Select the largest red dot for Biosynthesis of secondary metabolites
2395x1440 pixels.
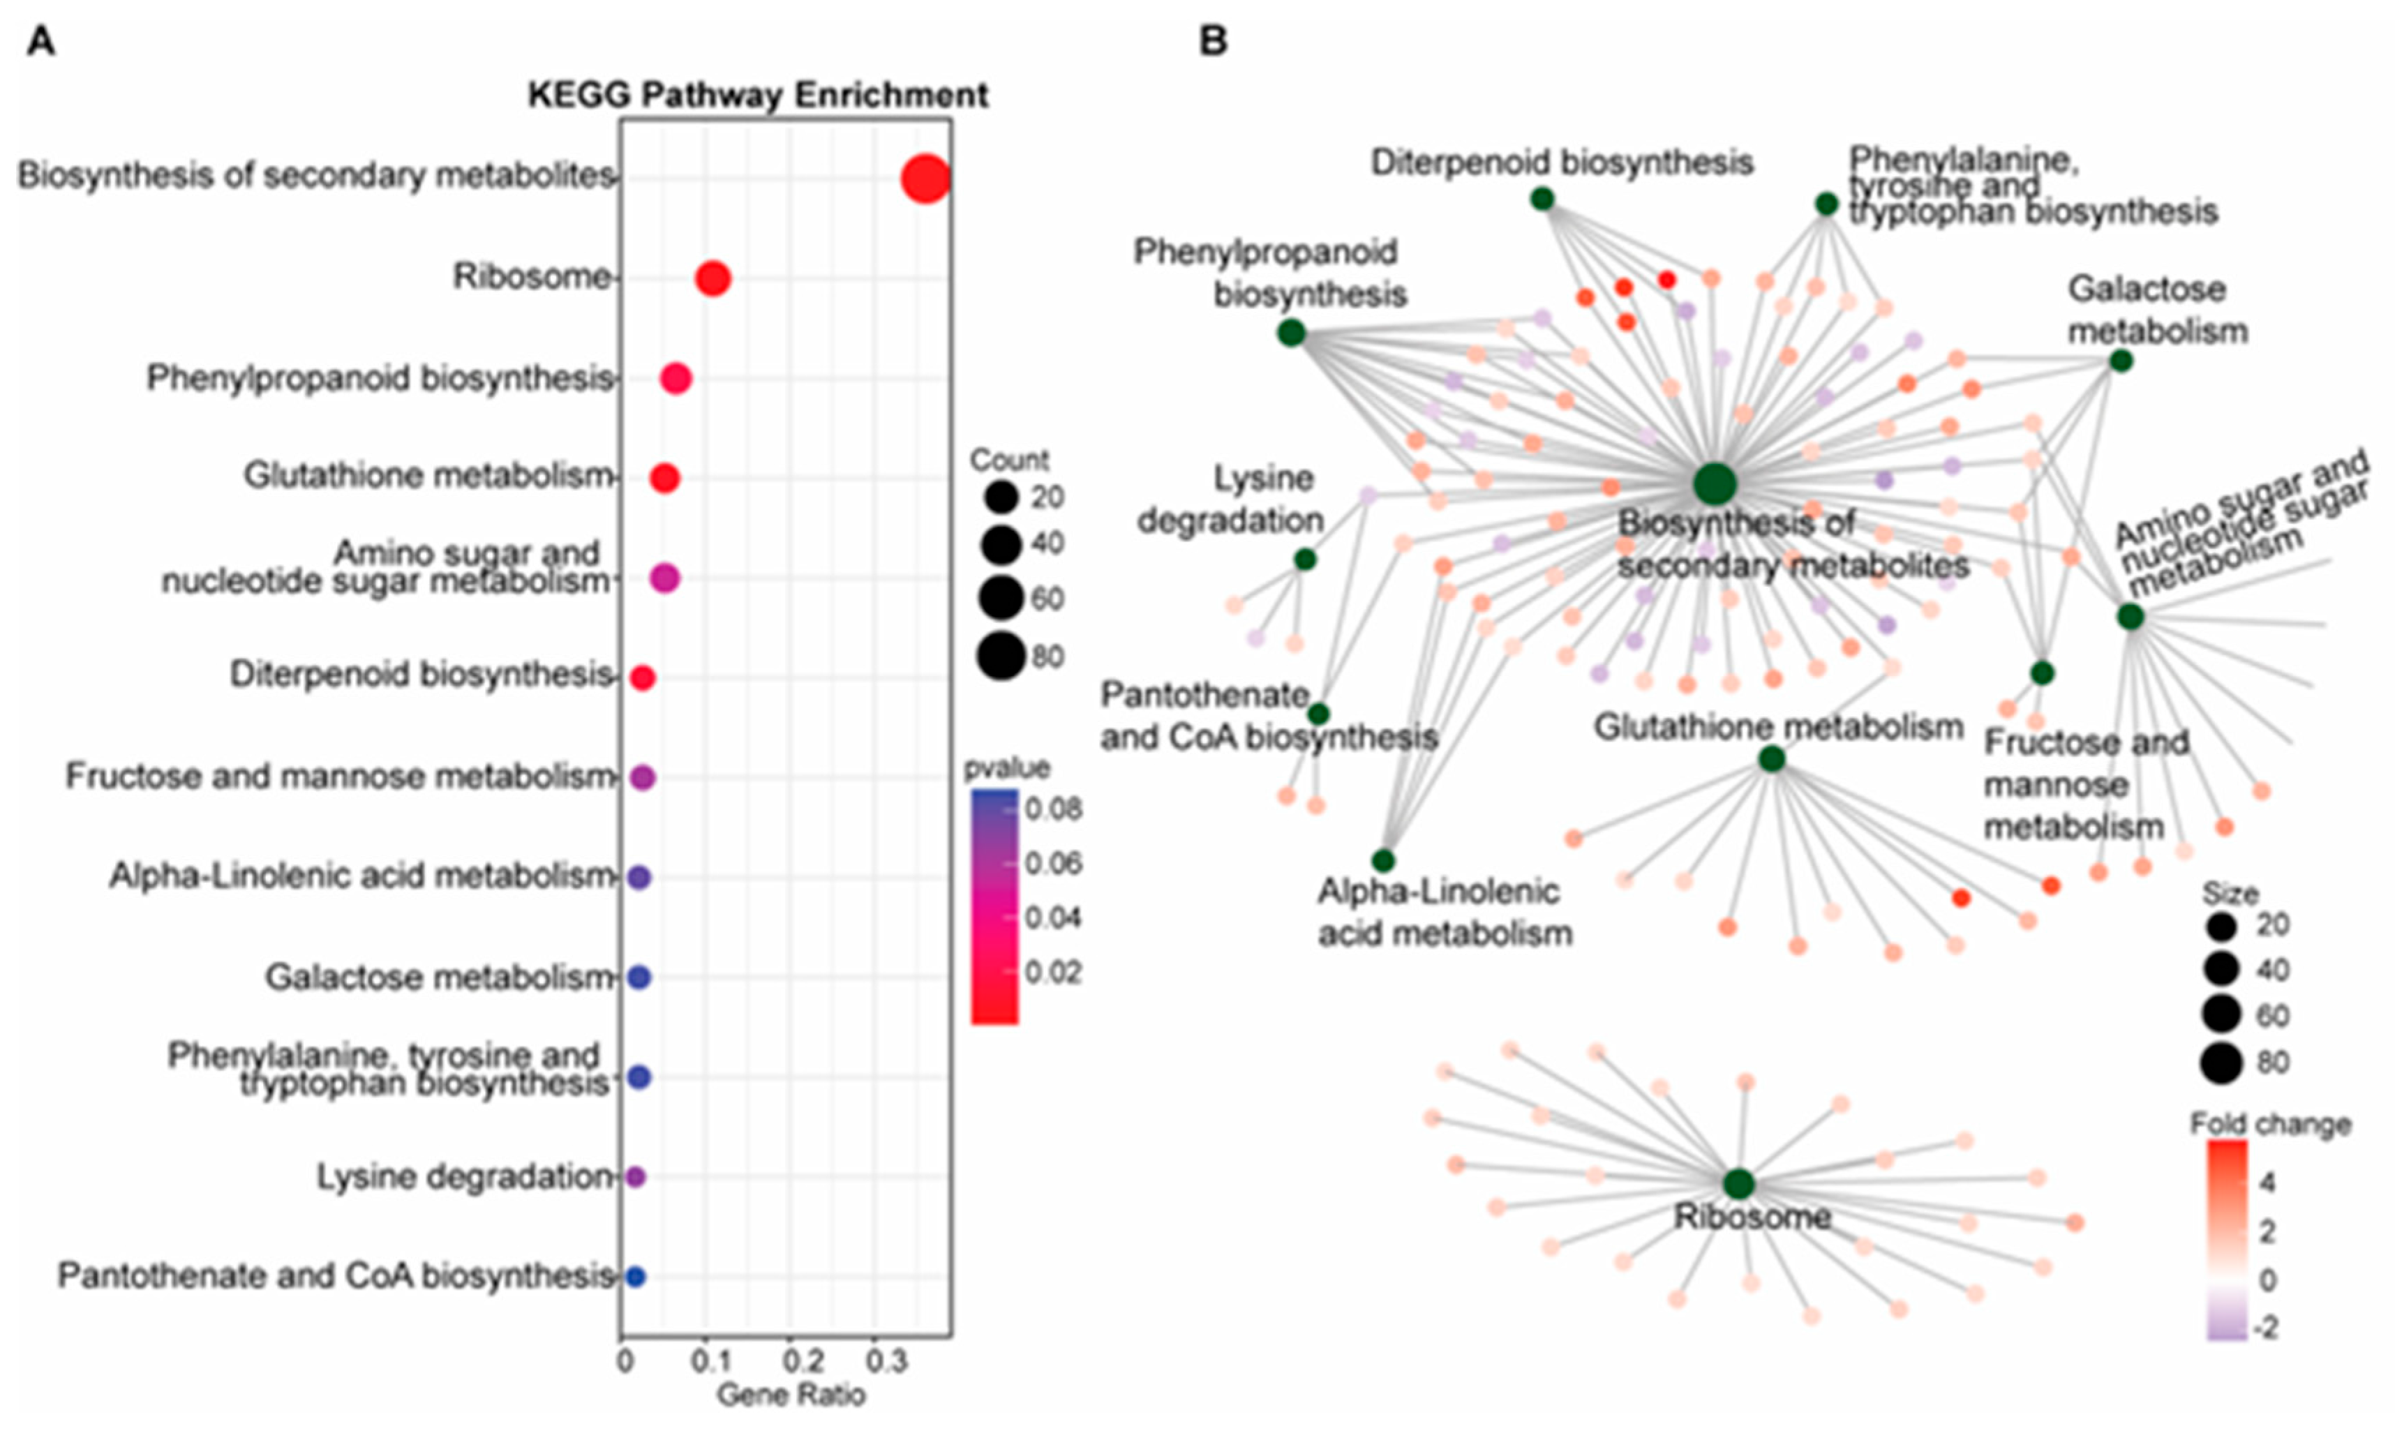coord(925,179)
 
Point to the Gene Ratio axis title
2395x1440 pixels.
coord(791,1395)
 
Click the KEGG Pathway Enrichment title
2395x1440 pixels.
coord(758,95)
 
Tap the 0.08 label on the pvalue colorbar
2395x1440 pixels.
coord(1054,809)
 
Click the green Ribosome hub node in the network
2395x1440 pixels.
coord(1739,1184)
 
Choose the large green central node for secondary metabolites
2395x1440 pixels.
coord(1715,484)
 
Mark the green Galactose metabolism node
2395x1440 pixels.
coord(2121,361)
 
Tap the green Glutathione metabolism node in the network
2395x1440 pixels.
coord(1772,759)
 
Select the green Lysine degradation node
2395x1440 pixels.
coord(1305,559)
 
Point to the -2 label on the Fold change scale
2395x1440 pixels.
coord(2265,1328)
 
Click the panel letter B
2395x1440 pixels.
coord(1213,42)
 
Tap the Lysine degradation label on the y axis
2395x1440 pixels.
coord(465,1177)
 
